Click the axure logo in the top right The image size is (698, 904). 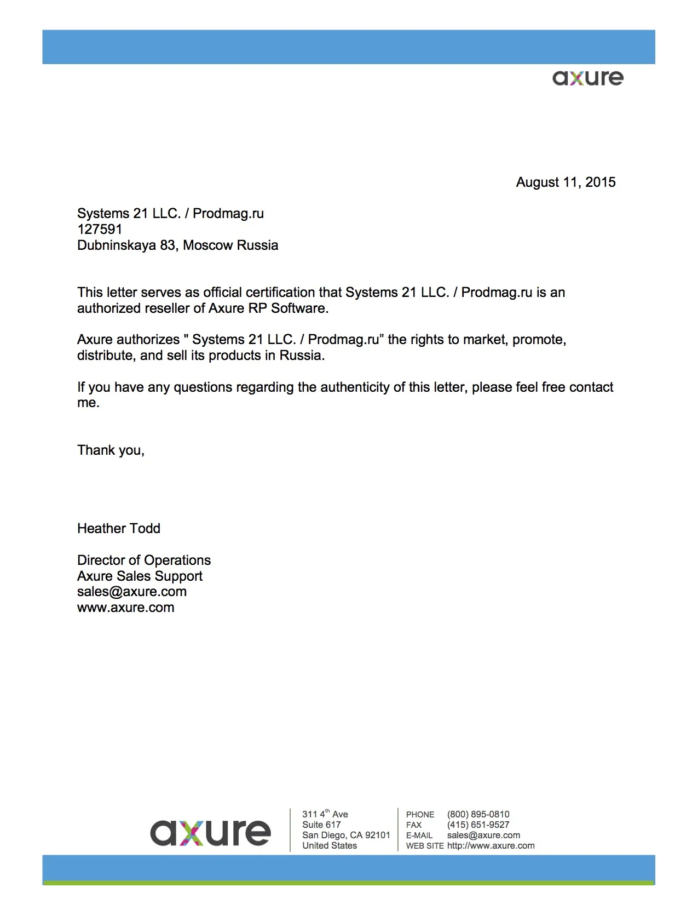pos(587,78)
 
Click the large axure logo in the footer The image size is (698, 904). pos(210,833)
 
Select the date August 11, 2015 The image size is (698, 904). pos(566,182)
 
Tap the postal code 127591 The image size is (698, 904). pos(100,230)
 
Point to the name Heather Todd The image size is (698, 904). pos(119,529)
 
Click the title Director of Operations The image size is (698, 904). pos(144,560)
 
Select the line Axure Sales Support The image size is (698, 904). pos(140,576)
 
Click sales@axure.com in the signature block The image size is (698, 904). pos(132,592)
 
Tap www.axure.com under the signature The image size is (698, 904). pos(126,608)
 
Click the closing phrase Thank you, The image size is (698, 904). pos(111,450)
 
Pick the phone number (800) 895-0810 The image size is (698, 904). pos(478,815)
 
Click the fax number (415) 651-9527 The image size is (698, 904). pos(478,825)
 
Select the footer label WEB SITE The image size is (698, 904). pos(425,846)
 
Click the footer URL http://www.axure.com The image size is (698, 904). pos(491,846)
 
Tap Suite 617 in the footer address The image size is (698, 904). pos(321,825)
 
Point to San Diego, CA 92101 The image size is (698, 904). pos(346,836)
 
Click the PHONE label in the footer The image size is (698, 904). pos(420,815)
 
